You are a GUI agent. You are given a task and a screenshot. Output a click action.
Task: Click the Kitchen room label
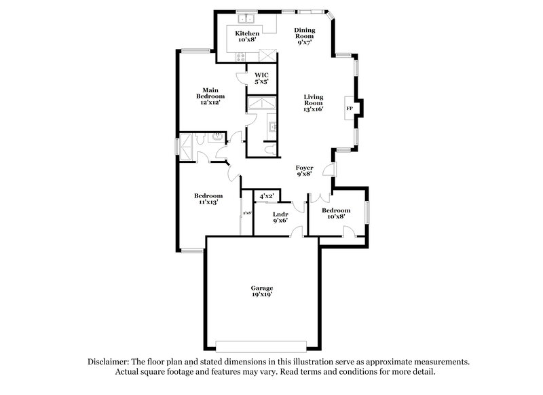click(x=246, y=33)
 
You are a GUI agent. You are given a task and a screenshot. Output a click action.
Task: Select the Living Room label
click(x=313, y=99)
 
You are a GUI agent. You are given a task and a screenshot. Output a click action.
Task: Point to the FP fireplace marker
click(x=350, y=109)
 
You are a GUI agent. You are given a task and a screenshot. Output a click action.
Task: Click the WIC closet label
click(x=261, y=75)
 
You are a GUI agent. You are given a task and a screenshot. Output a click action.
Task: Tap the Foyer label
click(x=303, y=166)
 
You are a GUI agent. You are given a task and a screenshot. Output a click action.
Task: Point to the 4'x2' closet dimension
click(x=266, y=196)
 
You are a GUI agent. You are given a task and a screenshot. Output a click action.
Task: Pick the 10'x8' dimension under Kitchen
click(x=246, y=40)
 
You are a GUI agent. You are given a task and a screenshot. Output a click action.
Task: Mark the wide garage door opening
click(x=265, y=342)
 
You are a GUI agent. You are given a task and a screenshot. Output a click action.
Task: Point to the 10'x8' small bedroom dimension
click(x=336, y=218)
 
